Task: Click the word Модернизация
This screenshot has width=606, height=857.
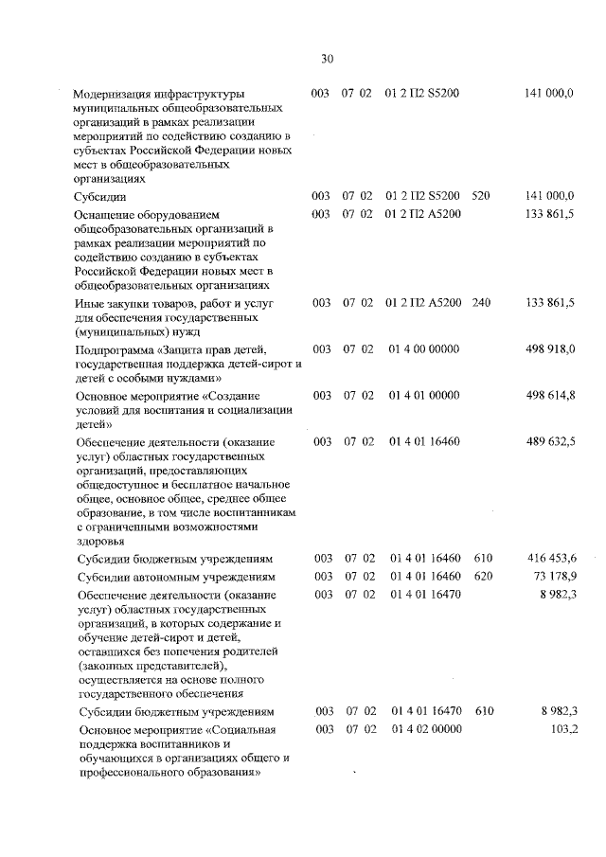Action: coord(116,94)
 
